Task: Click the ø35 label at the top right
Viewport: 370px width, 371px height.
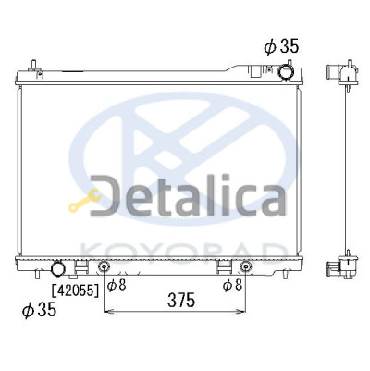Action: [281, 46]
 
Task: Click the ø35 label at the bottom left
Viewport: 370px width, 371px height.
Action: [39, 309]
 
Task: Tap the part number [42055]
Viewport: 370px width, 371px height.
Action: [76, 290]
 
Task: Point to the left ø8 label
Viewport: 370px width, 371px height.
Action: [117, 285]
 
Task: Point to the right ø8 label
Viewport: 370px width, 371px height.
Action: [232, 285]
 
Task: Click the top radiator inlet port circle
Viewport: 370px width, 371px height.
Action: [286, 72]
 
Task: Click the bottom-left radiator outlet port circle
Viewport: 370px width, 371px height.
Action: [58, 268]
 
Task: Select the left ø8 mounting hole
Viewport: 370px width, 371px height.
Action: [104, 266]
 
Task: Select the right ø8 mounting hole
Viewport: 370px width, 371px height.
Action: [245, 266]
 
